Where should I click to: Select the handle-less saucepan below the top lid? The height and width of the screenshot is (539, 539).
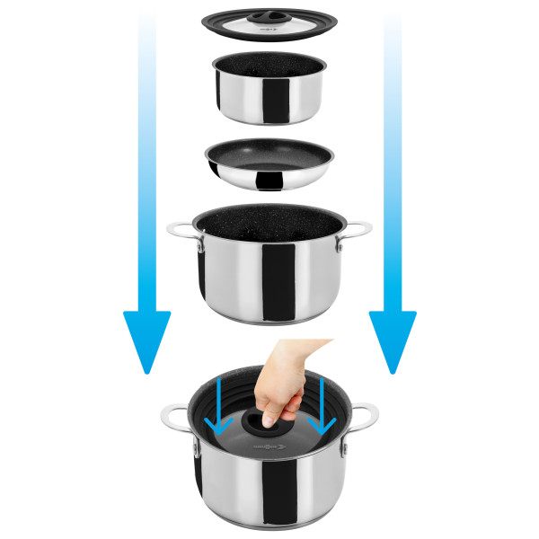[267, 90]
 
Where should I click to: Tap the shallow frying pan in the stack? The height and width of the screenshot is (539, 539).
[267, 163]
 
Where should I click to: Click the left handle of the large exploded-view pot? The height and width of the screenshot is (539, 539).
[179, 232]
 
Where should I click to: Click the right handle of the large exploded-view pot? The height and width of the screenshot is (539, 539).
[357, 232]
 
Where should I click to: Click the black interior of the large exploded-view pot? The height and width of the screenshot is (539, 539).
[267, 225]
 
